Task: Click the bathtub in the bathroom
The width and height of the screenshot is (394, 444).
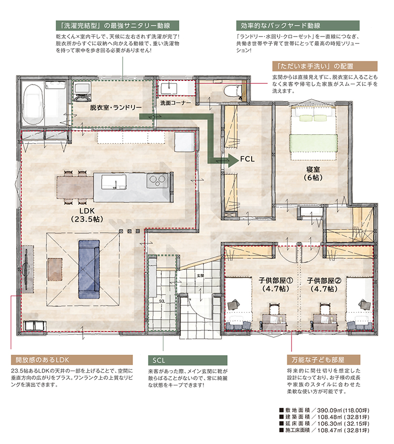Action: [33, 104]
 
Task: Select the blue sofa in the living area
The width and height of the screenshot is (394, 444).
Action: [89, 269]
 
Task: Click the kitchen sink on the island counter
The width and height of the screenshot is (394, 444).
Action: [114, 182]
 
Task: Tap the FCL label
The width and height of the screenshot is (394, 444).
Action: [247, 159]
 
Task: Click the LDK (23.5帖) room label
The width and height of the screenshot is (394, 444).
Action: [87, 215]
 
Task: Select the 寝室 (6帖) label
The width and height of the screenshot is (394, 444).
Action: [313, 174]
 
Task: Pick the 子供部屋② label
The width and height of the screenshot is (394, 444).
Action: [324, 281]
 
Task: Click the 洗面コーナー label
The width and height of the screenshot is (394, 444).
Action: [175, 103]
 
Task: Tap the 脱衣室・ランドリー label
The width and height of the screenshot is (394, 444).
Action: [116, 108]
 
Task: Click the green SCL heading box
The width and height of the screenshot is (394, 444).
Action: [188, 360]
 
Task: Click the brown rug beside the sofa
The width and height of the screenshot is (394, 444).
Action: [55, 269]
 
